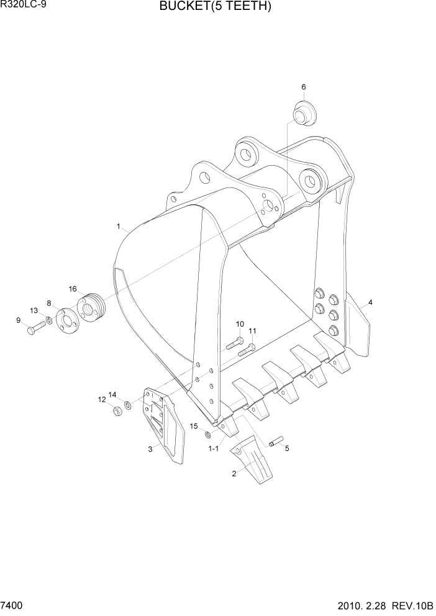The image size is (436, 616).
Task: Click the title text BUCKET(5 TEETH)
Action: tap(215, 7)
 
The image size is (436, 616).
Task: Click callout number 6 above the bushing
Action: tap(304, 86)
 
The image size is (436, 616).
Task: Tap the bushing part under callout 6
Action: tap(304, 113)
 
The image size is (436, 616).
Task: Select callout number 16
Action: tap(73, 289)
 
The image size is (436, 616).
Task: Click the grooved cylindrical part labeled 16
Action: tap(91, 307)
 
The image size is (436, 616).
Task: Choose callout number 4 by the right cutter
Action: tap(370, 302)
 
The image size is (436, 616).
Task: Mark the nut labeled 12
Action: tap(117, 410)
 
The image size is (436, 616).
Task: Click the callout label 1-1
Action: tap(213, 448)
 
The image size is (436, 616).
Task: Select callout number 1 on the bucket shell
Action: tap(118, 227)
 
